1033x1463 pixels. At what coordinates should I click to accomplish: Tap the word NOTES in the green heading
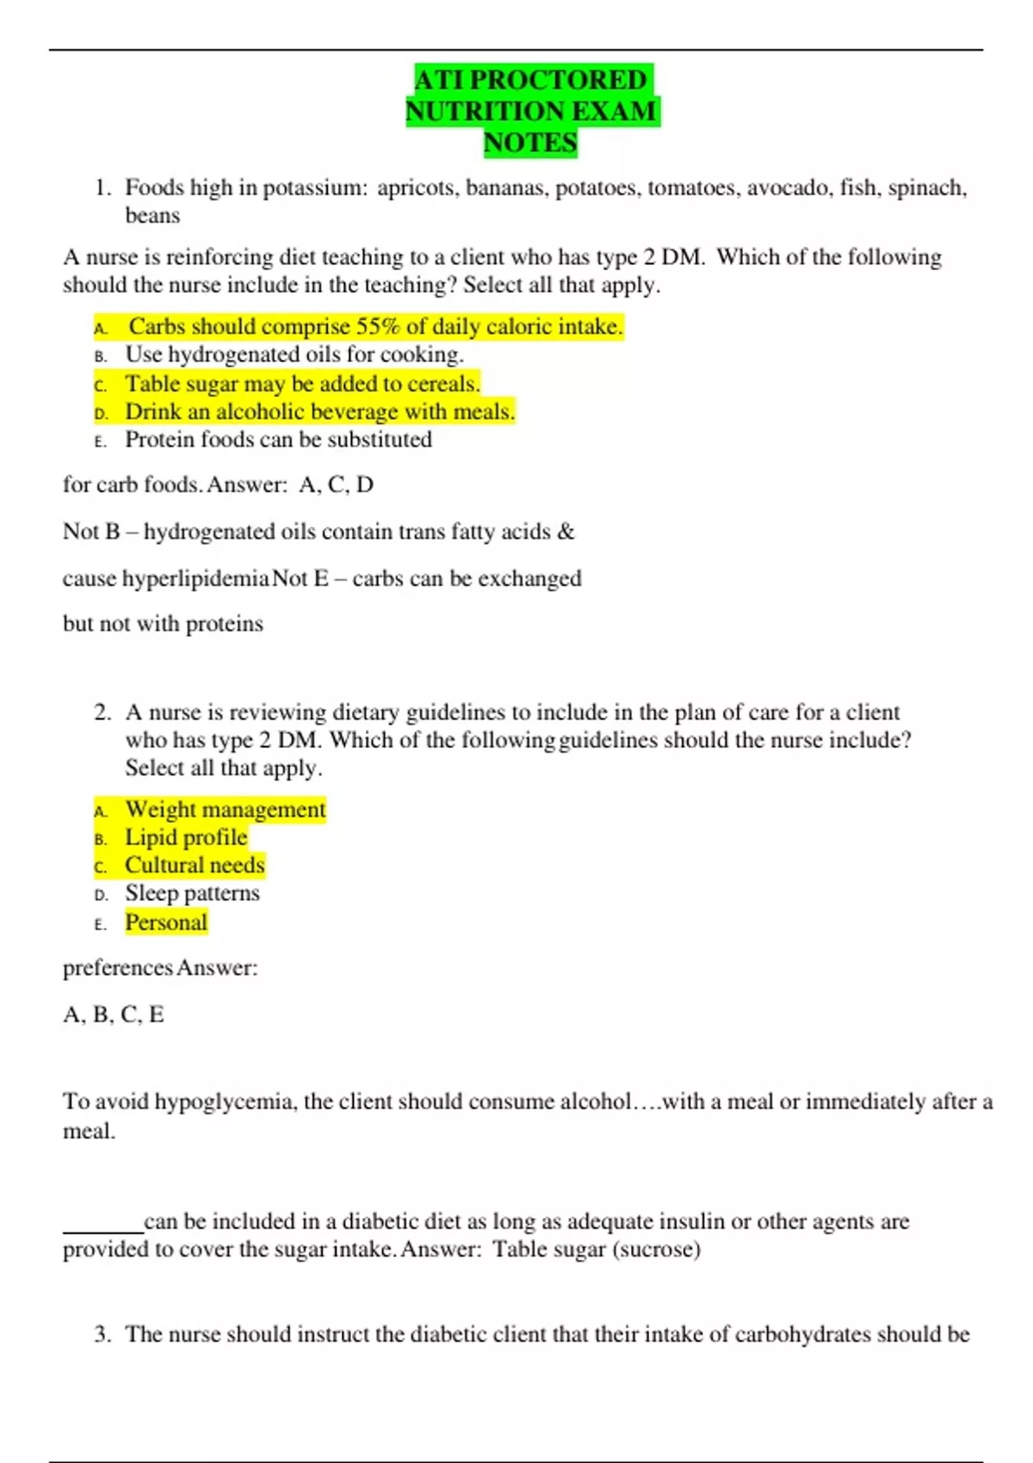pos(530,143)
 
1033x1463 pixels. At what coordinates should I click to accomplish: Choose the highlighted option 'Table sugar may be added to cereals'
pos(302,384)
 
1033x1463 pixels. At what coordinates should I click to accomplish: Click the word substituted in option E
pos(378,440)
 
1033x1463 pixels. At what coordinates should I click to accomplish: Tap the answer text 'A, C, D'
pos(336,485)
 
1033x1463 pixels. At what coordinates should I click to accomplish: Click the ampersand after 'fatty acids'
pos(566,532)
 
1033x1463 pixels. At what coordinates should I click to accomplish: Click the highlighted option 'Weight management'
pos(225,810)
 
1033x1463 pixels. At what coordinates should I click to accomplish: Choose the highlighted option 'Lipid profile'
pos(186,837)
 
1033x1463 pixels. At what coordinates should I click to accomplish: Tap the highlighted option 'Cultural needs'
pos(195,866)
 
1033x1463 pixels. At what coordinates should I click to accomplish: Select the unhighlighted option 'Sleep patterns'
pos(192,893)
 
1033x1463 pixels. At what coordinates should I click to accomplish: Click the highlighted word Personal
pos(166,923)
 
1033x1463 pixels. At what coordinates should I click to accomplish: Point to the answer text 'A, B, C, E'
pos(114,1015)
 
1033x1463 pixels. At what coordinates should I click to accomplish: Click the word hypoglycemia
pos(223,1102)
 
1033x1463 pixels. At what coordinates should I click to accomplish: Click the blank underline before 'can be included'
pos(102,1229)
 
